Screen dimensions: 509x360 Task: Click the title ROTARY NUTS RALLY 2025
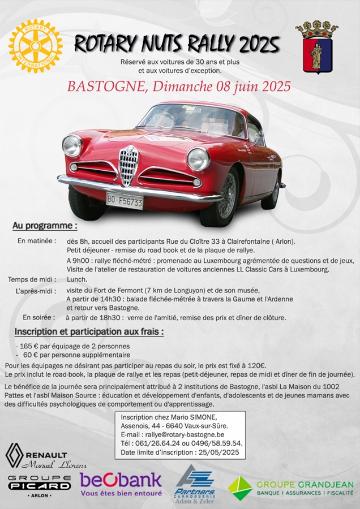pyautogui.click(x=177, y=44)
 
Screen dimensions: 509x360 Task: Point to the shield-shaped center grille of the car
pyautogui.click(x=128, y=165)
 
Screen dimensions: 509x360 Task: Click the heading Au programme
pyautogui.click(x=45, y=226)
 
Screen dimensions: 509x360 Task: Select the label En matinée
pyautogui.click(x=37, y=241)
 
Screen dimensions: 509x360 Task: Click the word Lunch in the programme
pyautogui.click(x=77, y=279)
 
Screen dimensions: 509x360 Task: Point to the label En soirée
pyautogui.click(x=39, y=317)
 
